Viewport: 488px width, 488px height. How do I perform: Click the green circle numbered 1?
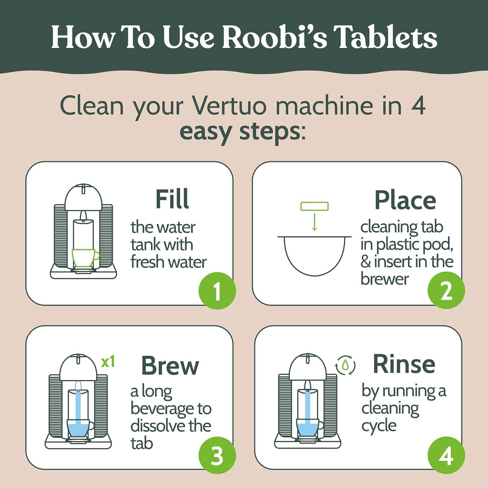click(217, 291)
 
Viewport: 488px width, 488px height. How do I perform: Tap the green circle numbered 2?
click(446, 291)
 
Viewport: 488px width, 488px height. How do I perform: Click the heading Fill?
click(172, 199)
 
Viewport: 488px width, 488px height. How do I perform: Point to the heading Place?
click(405, 200)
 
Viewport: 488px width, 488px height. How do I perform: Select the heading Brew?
click(170, 366)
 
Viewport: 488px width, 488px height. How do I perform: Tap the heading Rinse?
click(404, 364)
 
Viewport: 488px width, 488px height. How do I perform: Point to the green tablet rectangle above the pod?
click(314, 206)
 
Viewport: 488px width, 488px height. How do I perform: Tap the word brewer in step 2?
click(384, 279)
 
